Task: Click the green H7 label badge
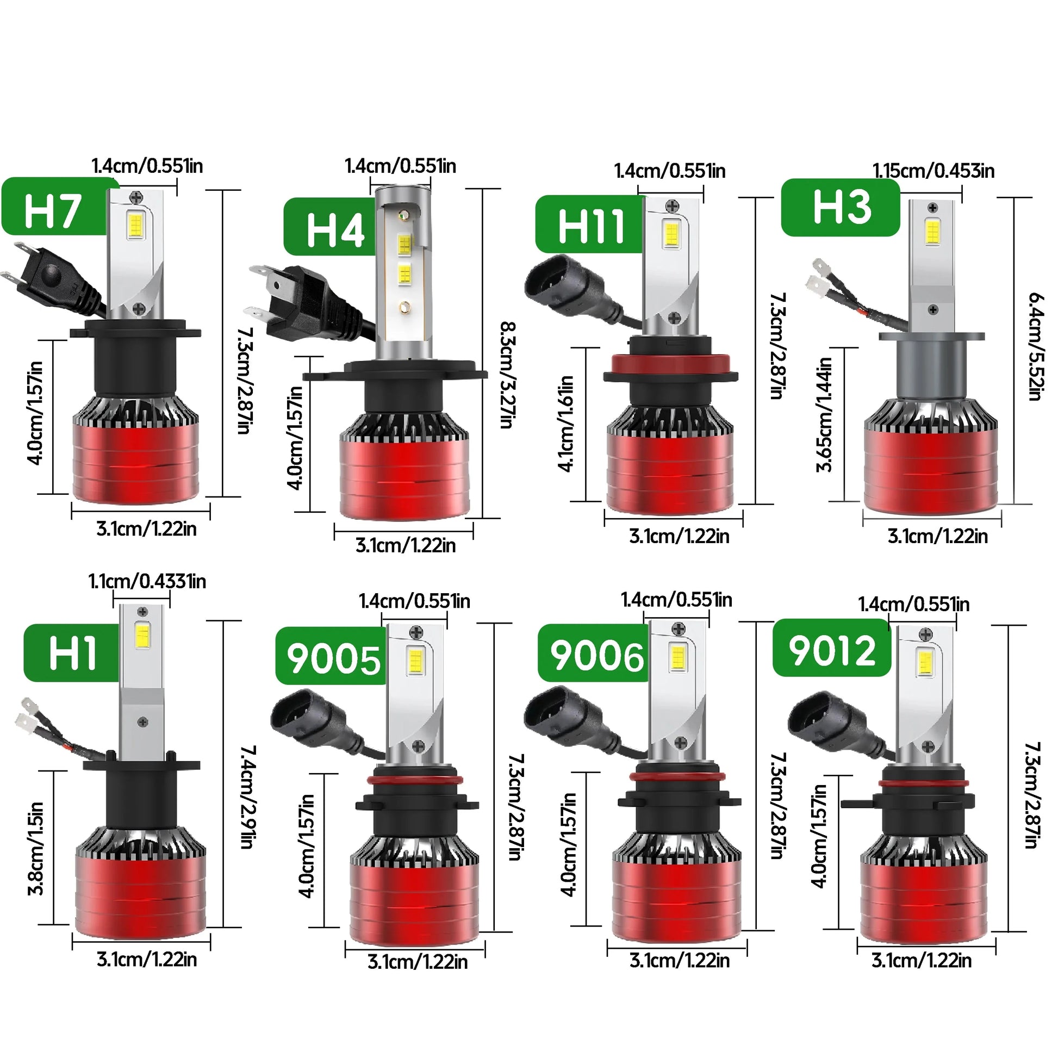pos(55,207)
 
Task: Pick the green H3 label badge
pos(841,208)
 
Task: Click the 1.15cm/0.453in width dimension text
pos(933,171)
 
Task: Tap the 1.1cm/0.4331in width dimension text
pos(147,581)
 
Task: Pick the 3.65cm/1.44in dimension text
pos(824,414)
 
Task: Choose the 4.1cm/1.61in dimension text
pos(565,423)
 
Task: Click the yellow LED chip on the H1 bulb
pos(141,634)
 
